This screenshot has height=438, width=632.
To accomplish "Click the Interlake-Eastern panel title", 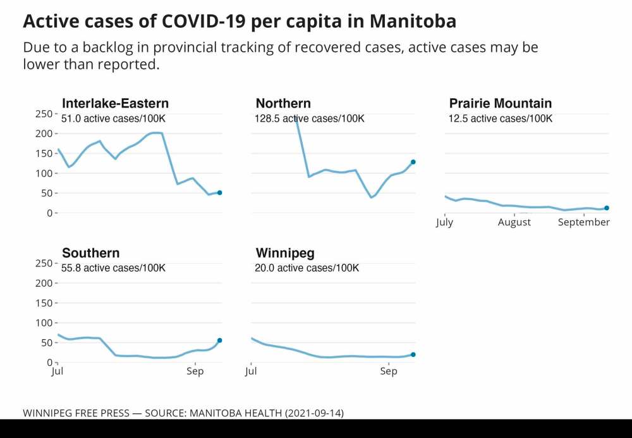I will pyautogui.click(x=115, y=104).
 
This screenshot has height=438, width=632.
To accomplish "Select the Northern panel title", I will pyautogui.click(x=283, y=104).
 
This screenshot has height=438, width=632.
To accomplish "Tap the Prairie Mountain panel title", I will pyautogui.click(x=500, y=104).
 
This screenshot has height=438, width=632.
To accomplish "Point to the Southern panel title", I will pyautogui.click(x=90, y=253).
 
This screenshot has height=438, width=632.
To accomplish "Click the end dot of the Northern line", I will pyautogui.click(x=413, y=162).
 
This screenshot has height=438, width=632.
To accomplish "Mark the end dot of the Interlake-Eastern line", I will pyautogui.click(x=220, y=192).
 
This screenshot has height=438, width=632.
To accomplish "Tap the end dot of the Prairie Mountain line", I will pyautogui.click(x=607, y=208).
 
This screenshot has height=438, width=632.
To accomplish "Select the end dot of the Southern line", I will pyautogui.click(x=220, y=341).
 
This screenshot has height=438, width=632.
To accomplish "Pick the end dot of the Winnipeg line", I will pyautogui.click(x=413, y=354).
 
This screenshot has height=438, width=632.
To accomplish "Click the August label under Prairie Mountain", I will pyautogui.click(x=514, y=223).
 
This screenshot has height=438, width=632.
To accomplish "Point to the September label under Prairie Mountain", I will pyautogui.click(x=584, y=223).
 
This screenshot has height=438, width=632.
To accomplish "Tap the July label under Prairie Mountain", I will pyautogui.click(x=444, y=223).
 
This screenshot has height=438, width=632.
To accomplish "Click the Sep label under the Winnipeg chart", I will pyautogui.click(x=389, y=372).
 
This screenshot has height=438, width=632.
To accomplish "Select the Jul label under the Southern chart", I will pyautogui.click(x=58, y=372).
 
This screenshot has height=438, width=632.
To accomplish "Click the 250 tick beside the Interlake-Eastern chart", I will pyautogui.click(x=43, y=114).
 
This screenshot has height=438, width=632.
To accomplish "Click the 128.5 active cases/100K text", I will pyautogui.click(x=310, y=118).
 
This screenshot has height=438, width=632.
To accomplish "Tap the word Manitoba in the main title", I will pyautogui.click(x=413, y=21).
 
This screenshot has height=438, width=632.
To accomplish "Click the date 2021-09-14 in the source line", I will pyautogui.click(x=313, y=413).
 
